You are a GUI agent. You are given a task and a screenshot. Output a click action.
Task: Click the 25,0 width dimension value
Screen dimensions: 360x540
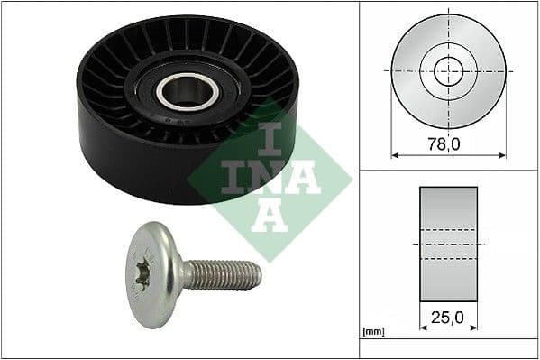448,318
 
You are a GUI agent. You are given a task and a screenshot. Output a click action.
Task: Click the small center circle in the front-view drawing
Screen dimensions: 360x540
448,69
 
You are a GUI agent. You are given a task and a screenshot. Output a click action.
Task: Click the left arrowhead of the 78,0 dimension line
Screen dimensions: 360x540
394,155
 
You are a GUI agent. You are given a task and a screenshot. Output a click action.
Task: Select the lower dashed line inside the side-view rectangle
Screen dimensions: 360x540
448,260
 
